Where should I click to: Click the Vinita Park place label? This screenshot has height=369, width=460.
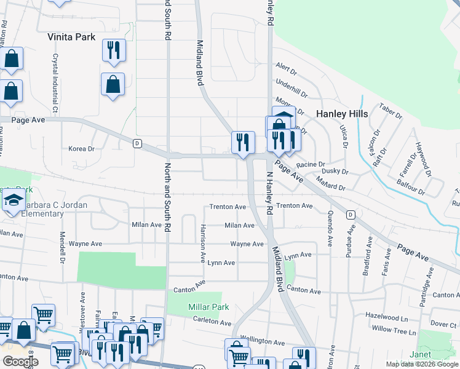point(71,37)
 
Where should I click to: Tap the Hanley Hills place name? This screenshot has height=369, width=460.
point(342,114)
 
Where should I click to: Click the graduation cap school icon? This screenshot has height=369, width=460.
point(13,200)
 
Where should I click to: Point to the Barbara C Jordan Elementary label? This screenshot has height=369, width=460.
point(34,209)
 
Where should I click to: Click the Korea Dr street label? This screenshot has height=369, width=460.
point(81,149)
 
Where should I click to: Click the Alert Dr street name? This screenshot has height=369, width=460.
point(287,66)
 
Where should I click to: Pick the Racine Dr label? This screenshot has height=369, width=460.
point(310,165)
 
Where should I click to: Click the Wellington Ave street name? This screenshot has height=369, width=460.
point(262,341)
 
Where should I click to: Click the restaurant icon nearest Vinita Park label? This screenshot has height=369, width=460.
point(114,50)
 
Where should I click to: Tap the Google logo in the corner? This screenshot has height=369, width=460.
point(20,361)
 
